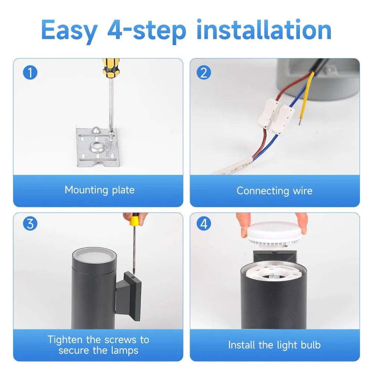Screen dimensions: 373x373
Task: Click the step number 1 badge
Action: (x=30, y=73)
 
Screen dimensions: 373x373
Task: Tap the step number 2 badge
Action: (x=204, y=73)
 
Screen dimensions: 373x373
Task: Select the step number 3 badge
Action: (x=30, y=223)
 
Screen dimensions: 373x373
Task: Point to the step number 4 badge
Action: (x=204, y=223)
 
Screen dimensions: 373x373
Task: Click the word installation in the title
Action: (x=264, y=30)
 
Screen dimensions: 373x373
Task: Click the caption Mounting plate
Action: (x=100, y=190)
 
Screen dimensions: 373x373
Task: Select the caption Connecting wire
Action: (x=275, y=191)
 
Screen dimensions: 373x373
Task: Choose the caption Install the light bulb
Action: (x=275, y=345)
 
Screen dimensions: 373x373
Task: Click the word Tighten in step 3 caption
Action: (x=65, y=340)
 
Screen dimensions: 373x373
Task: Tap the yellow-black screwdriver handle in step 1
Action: (x=111, y=68)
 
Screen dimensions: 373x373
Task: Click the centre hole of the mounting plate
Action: (x=97, y=145)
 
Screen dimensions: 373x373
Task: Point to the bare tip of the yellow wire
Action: (x=300, y=122)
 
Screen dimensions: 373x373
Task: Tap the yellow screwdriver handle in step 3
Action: (x=134, y=219)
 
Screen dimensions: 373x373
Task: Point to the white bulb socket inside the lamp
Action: (x=273, y=273)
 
